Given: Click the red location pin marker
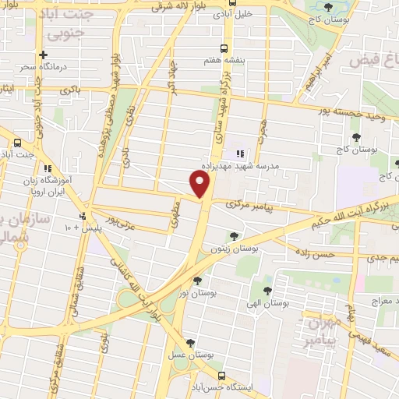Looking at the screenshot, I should click(x=201, y=184).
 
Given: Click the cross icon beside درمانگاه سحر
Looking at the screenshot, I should click(x=44, y=55).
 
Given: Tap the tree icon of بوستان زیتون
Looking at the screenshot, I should click(x=235, y=235).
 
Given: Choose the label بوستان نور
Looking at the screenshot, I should click(x=198, y=293).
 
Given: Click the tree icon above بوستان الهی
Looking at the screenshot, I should click(x=267, y=291).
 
